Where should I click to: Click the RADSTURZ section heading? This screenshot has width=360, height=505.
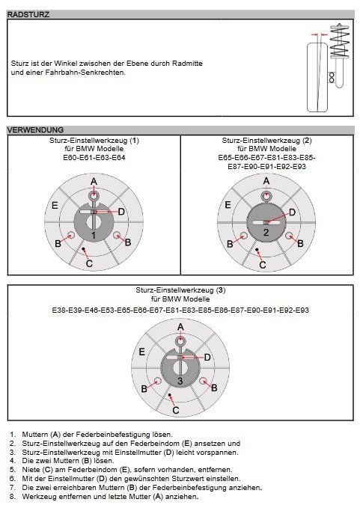(x=28, y=14)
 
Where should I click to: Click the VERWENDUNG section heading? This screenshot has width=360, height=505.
(x=35, y=129)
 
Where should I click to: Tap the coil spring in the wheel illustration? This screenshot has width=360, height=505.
(x=340, y=40)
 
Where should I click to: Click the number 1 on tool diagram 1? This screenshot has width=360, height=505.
(x=94, y=236)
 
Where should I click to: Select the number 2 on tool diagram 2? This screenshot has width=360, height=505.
(x=266, y=233)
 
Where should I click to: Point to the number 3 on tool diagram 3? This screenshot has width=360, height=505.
(x=180, y=381)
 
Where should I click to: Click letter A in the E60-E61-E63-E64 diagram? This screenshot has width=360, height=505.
(x=94, y=181)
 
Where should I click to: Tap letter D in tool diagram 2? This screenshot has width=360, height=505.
(x=292, y=212)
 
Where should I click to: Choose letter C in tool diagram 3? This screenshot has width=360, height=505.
(x=176, y=410)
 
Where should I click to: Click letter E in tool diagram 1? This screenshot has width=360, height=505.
(x=55, y=205)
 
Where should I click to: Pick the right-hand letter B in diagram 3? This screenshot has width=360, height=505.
(x=214, y=388)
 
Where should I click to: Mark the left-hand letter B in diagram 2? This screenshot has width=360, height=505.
(x=230, y=244)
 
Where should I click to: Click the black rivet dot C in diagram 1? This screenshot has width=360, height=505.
(x=84, y=248)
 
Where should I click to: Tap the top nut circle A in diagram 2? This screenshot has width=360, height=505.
(x=266, y=195)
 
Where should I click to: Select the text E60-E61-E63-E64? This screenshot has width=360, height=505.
(x=94, y=158)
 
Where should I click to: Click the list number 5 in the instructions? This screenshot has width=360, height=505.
(x=12, y=470)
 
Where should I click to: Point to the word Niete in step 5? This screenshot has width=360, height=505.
(x=31, y=470)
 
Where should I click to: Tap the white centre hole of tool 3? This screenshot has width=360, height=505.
(x=180, y=368)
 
